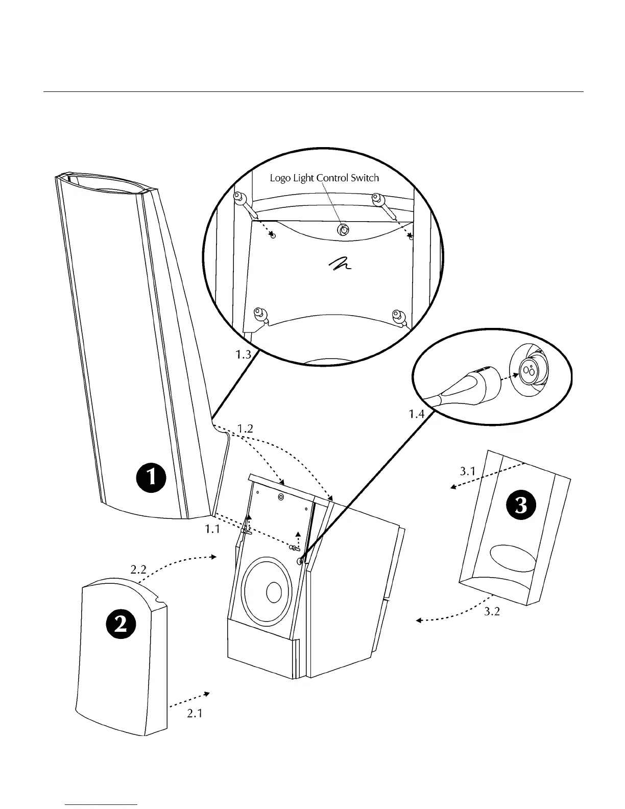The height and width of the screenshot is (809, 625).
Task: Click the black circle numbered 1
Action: (x=151, y=478)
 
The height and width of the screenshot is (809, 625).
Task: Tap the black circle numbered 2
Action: (x=121, y=625)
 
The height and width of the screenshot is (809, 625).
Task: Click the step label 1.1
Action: (x=212, y=530)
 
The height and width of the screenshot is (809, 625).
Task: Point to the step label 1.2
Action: (x=246, y=428)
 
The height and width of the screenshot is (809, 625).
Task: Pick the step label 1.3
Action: (x=243, y=354)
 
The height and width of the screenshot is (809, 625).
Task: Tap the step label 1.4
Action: (x=417, y=414)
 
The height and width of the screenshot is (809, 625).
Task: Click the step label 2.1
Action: (x=195, y=713)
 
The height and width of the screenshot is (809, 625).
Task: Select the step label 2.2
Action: (x=138, y=569)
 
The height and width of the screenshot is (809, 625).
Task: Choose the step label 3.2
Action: (x=492, y=611)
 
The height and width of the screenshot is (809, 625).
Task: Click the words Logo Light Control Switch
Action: (x=324, y=178)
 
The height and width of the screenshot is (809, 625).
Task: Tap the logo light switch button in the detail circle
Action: (x=343, y=230)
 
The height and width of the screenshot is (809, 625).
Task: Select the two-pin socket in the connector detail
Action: (x=527, y=372)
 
